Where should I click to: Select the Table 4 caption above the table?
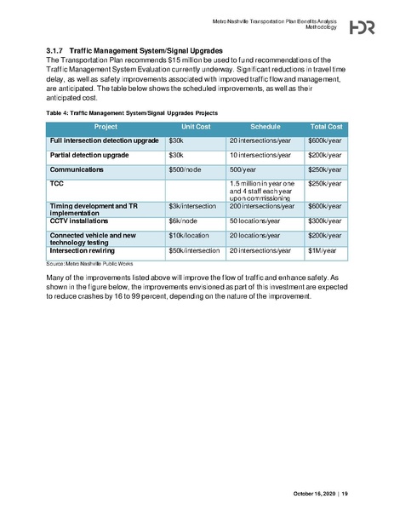132,112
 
